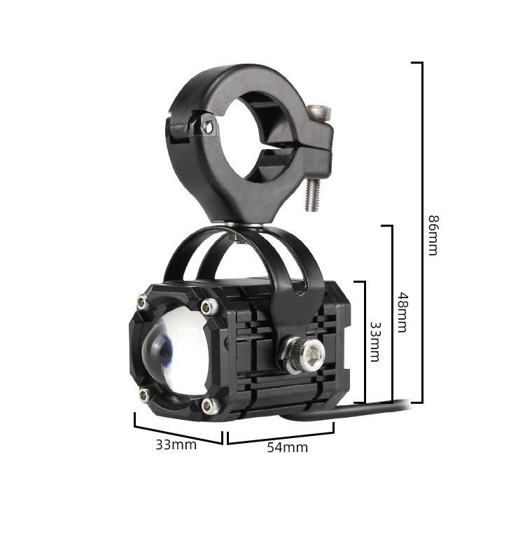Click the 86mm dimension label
click(433, 235)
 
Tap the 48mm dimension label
click(402, 313)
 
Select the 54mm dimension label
click(288, 447)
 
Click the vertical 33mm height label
click(375, 342)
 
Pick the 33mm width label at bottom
click(176, 445)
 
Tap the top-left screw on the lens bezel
click(142, 303)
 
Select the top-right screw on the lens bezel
click(210, 306)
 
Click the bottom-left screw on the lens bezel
click(145, 395)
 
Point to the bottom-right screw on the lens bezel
click(211, 406)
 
